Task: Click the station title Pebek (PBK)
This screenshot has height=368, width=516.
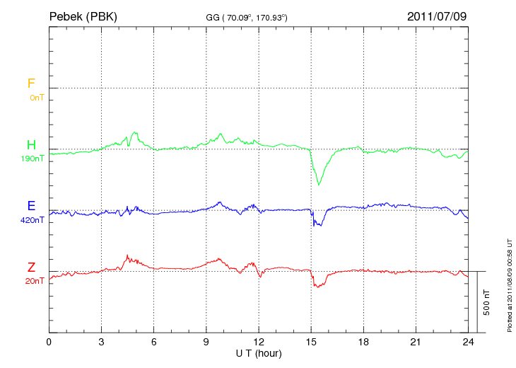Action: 83,16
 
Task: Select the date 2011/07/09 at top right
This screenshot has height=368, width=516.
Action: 437,16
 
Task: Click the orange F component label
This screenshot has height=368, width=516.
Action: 31,84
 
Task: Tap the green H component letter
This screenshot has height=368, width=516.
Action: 31,146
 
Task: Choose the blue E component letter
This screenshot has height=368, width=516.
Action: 31,206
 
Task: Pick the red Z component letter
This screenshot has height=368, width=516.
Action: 31,268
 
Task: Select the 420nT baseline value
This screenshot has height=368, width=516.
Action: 33,220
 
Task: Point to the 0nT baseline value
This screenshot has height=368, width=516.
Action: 36,97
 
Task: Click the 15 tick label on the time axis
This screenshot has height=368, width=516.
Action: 311,343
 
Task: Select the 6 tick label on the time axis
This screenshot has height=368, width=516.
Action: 154,343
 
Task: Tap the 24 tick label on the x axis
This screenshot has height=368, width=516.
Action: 468,343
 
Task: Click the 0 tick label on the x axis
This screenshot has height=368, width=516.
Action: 49,343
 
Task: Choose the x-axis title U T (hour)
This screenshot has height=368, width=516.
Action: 259,352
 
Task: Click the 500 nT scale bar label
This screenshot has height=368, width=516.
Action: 487,302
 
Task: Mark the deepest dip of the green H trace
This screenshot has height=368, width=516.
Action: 319,185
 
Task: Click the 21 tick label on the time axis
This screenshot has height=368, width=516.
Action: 416,343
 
